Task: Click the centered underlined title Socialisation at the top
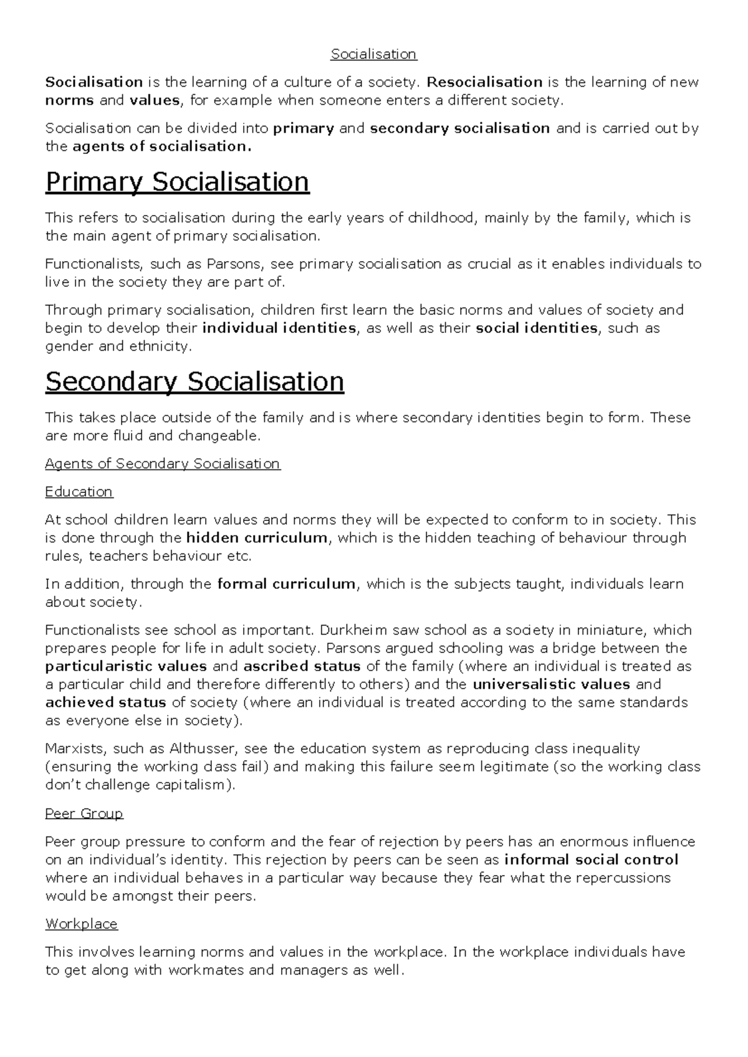373,54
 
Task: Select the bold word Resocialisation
484,82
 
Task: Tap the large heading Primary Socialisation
177,182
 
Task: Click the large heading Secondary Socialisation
194,381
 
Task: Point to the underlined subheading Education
79,492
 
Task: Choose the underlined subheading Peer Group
84,813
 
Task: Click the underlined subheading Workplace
81,924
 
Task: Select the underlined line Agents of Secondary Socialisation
163,464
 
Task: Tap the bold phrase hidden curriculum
256,538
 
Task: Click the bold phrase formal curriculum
286,584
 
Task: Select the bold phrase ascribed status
302,666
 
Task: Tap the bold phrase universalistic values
552,684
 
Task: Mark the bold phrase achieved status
105,702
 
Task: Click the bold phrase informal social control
591,860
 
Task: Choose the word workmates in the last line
206,970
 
